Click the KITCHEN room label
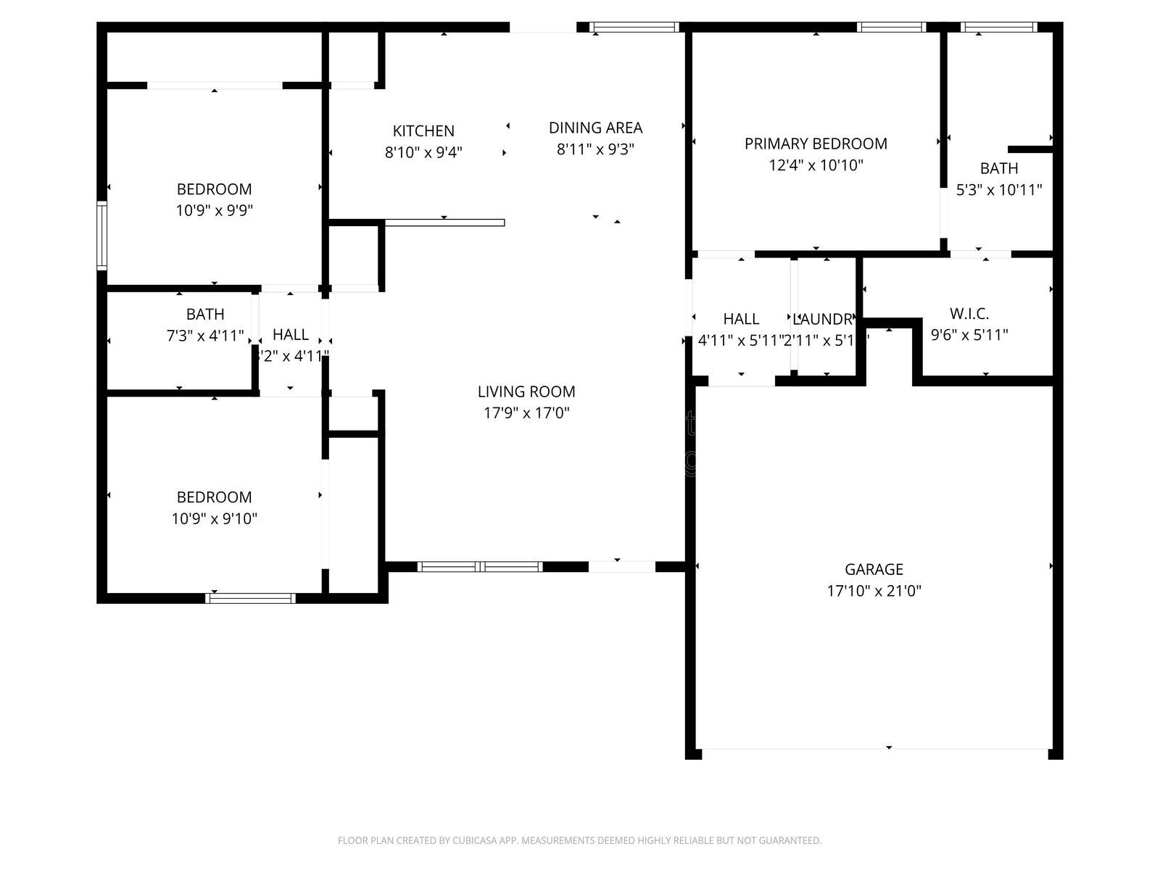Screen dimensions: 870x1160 [423, 131]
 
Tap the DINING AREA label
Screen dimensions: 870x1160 [595, 128]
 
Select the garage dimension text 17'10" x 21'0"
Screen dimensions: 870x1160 [874, 591]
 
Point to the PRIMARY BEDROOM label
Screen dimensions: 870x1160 [816, 144]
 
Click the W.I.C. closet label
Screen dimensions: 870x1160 [969, 314]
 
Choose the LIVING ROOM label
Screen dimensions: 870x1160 [526, 391]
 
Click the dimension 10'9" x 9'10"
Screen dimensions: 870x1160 [215, 518]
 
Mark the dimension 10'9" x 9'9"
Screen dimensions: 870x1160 [214, 210]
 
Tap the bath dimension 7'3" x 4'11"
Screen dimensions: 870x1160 [205, 336]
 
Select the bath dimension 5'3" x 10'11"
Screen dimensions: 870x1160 [999, 190]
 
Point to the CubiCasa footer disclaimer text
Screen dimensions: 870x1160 [579, 841]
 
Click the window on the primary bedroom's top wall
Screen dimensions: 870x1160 [891, 28]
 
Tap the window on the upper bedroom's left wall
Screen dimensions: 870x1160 [102, 236]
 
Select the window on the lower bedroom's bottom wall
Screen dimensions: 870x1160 [251, 598]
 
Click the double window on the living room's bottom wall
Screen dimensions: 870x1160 [480, 567]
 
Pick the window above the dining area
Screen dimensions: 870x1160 [634, 28]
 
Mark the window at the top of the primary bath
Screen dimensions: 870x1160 [998, 28]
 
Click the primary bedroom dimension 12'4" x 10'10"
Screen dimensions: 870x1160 [816, 165]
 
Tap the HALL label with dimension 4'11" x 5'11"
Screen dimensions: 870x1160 [741, 319]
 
